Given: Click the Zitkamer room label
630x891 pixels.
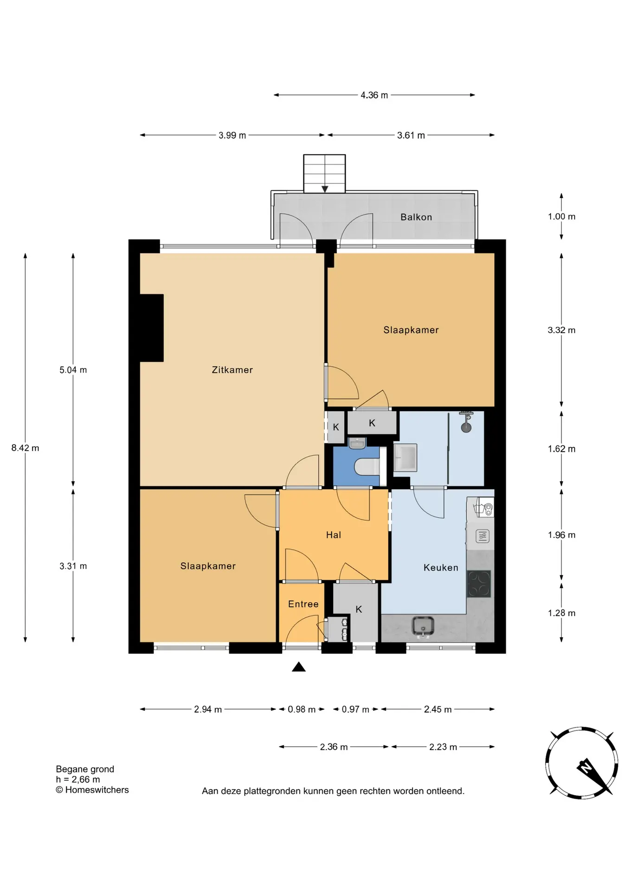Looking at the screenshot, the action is click(x=232, y=370).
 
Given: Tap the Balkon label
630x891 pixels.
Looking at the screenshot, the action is click(x=416, y=217).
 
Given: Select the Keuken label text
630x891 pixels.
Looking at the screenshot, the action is click(x=441, y=567).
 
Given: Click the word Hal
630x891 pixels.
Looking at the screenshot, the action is click(x=333, y=535).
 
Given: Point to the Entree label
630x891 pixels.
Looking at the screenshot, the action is click(x=303, y=604).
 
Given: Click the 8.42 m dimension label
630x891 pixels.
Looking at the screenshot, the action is click(x=25, y=448).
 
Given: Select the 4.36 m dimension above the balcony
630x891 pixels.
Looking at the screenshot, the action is click(x=374, y=95).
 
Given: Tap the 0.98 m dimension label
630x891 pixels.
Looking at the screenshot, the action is click(x=302, y=709).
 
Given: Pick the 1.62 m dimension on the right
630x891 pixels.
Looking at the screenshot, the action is click(x=561, y=449).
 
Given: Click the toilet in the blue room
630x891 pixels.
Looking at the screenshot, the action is click(x=367, y=466).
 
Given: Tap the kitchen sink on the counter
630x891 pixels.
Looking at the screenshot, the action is click(x=423, y=626).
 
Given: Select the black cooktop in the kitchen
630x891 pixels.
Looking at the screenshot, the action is click(x=479, y=583).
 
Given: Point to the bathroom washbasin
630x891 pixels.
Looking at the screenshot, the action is click(x=405, y=458).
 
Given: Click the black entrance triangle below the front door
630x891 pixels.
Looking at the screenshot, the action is click(x=299, y=667).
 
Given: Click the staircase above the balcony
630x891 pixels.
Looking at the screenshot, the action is click(x=324, y=173).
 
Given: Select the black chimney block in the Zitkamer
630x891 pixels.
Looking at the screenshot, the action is click(x=151, y=328).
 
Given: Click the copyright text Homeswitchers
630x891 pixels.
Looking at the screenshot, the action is click(x=92, y=790).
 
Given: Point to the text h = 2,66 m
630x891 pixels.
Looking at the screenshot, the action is click(x=78, y=780).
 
